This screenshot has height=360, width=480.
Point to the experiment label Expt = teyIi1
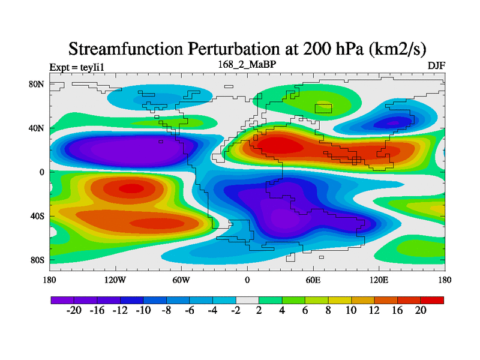(x=79, y=67)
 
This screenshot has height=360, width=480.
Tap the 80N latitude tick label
(x=37, y=84)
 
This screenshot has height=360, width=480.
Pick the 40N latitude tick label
(x=37, y=128)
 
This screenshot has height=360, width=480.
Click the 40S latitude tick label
(x=38, y=216)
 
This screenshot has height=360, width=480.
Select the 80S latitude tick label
(x=38, y=260)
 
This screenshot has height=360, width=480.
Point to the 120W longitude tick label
(x=115, y=280)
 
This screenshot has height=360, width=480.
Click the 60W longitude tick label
(x=181, y=280)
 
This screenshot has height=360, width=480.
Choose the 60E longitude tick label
(x=313, y=280)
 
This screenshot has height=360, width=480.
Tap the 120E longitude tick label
(x=379, y=280)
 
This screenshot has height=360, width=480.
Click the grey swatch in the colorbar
(x=247, y=299)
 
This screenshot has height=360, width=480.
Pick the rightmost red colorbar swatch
(x=432, y=299)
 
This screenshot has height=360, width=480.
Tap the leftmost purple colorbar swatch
(x=62, y=299)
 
